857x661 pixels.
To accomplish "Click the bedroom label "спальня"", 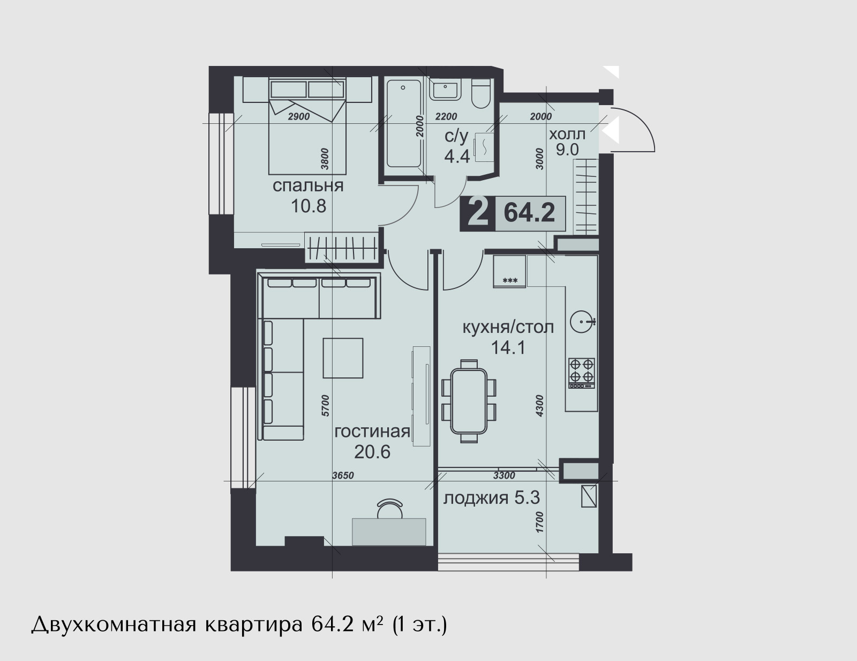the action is pyautogui.click(x=308, y=186).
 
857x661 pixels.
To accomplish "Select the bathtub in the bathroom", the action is pyautogui.click(x=403, y=123).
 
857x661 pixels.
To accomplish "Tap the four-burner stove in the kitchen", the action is pyautogui.click(x=581, y=373).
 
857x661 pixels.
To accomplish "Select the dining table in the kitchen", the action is pyautogui.click(x=469, y=401).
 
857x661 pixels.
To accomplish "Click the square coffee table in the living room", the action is pyautogui.click(x=343, y=358).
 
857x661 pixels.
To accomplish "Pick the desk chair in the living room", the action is pyautogui.click(x=389, y=509).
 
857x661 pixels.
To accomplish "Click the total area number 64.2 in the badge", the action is pyautogui.click(x=529, y=213).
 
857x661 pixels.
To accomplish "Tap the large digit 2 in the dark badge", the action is pyautogui.click(x=477, y=213).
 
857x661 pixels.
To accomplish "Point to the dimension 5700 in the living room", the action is pyautogui.click(x=325, y=405).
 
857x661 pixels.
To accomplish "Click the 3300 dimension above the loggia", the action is pyautogui.click(x=504, y=476).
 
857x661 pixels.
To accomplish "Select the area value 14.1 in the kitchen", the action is pyautogui.click(x=508, y=348).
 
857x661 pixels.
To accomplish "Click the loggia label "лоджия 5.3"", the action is pyautogui.click(x=491, y=499).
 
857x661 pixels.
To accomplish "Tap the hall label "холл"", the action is pyautogui.click(x=568, y=135).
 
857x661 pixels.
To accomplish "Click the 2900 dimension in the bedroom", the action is pyautogui.click(x=299, y=116).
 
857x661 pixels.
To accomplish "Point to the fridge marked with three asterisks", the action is pyautogui.click(x=509, y=271).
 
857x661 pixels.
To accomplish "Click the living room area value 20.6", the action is pyautogui.click(x=372, y=452).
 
